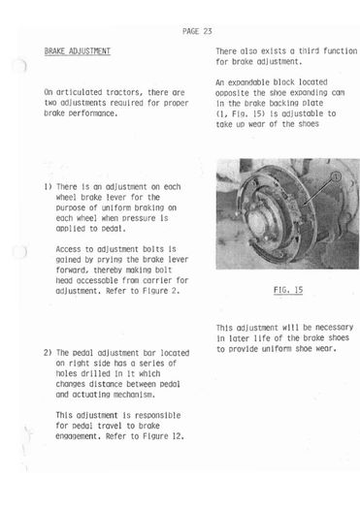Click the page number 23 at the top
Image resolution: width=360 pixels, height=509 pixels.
point(208,31)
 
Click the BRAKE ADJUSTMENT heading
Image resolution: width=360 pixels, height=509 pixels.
point(78,51)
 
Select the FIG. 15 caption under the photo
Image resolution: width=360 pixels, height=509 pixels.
point(288,290)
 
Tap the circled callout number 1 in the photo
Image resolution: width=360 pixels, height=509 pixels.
point(336,176)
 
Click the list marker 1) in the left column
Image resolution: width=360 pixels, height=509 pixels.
point(48,187)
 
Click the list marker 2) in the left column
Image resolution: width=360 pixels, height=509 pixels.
point(48,353)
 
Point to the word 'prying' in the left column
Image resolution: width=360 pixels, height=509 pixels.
point(110,260)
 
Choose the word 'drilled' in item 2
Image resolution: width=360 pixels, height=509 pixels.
point(95,373)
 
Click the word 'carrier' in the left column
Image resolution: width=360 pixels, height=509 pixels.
point(157,280)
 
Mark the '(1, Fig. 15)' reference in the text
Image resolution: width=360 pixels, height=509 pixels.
point(239,114)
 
